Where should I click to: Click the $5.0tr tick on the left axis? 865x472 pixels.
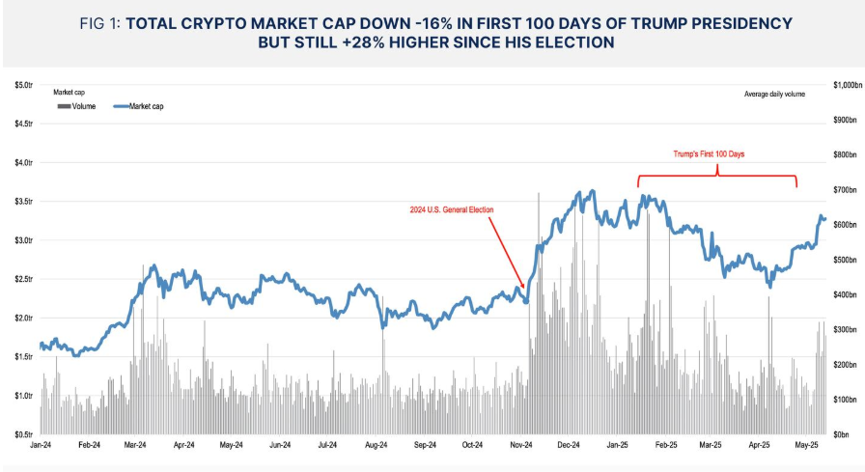(x=22, y=85)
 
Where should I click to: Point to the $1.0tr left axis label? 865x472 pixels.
(x=22, y=395)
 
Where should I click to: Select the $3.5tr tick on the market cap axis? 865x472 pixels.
(x=22, y=202)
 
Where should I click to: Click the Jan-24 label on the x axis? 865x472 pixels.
(x=41, y=446)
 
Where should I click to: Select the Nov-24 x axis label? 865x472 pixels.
(x=520, y=446)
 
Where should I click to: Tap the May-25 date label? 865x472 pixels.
(x=807, y=446)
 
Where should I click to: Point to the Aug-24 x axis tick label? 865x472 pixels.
(x=377, y=446)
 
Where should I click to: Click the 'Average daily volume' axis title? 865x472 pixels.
(x=774, y=94)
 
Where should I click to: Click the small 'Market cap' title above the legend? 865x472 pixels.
(x=70, y=93)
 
